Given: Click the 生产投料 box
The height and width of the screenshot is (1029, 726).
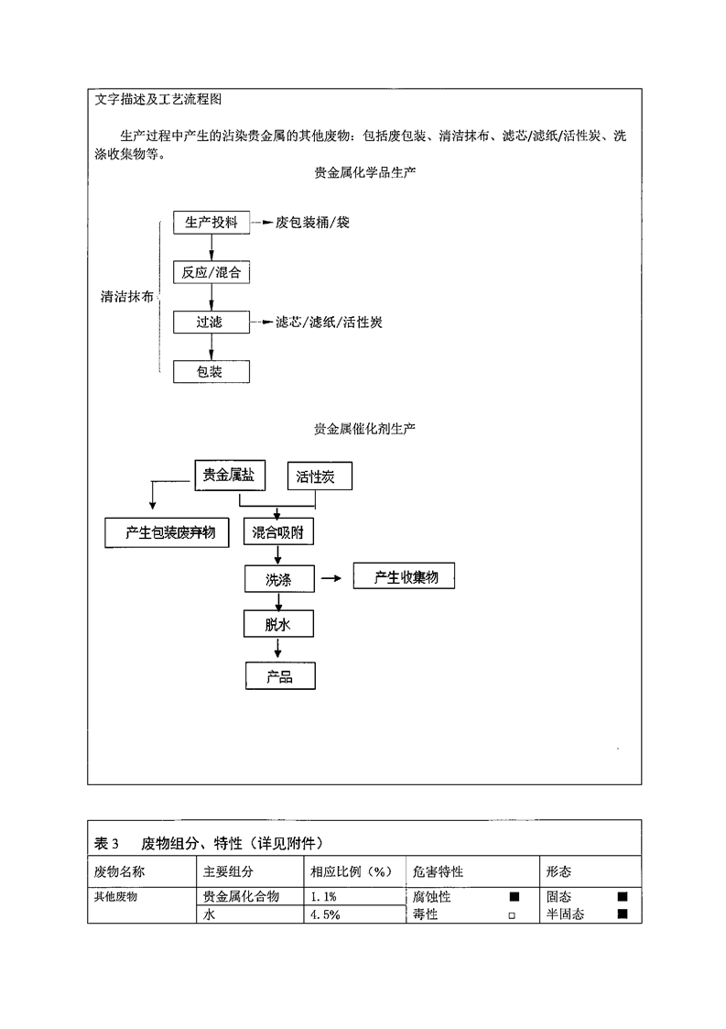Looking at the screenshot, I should click(x=211, y=223).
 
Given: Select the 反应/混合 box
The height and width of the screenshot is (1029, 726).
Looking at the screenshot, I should click(x=211, y=272).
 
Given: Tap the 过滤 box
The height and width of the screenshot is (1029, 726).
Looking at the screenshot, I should click(x=211, y=322).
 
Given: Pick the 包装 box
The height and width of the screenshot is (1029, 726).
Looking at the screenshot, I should click(x=211, y=371).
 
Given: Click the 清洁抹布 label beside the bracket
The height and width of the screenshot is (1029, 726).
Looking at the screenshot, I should click(x=126, y=297).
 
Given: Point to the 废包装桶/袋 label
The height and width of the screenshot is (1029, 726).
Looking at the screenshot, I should click(x=313, y=223).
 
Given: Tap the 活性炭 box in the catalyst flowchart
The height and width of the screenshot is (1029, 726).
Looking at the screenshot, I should click(x=319, y=477).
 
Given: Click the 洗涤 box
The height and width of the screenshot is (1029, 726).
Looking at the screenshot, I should click(x=278, y=579).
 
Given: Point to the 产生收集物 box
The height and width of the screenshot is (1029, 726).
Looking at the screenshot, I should click(x=403, y=577).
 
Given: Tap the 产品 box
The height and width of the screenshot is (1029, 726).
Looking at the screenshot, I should click(x=279, y=676).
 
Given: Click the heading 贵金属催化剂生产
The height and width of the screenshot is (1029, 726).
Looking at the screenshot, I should click(x=364, y=428).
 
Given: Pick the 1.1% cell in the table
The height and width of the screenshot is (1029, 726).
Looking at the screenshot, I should click(x=326, y=897).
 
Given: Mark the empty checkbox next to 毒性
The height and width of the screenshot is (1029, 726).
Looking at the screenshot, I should click(x=513, y=914).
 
